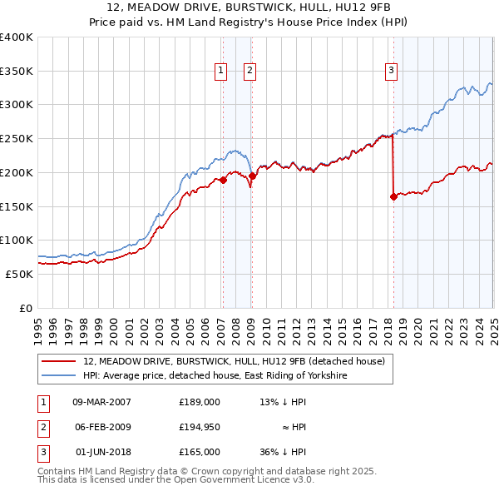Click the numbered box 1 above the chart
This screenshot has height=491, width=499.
pos(221,72)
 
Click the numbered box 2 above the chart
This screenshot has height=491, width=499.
pos(249,72)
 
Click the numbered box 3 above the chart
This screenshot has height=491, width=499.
pos(391,72)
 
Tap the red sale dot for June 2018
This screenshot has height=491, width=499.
pos(393,196)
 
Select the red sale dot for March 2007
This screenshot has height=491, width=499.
pos(223,180)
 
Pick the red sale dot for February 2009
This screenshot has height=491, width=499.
pos(252,176)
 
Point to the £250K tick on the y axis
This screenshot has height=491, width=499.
pos(17,139)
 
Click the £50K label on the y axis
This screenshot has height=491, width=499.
pos(19,274)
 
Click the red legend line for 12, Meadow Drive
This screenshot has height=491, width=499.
pos(58,362)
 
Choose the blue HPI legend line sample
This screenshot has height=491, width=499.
pos(58,376)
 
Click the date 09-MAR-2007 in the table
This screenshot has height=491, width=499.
pos(101,402)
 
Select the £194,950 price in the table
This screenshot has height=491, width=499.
pos(200,427)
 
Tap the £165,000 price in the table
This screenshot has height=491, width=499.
pos(200,452)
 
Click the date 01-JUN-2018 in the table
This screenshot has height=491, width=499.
pos(101,452)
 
